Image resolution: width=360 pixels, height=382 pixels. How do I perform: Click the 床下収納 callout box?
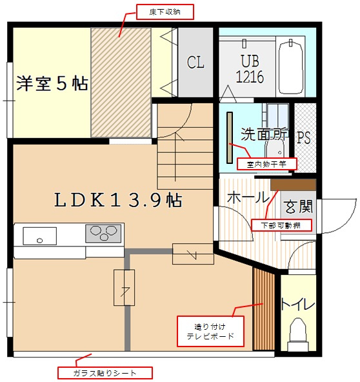165,12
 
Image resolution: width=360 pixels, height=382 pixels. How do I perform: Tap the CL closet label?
195,63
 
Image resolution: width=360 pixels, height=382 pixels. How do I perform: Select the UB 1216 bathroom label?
250,68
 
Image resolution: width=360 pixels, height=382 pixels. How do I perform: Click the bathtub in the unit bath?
290,68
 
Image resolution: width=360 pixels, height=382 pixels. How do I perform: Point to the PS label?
303,137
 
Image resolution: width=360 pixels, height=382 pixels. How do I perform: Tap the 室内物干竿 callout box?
266,164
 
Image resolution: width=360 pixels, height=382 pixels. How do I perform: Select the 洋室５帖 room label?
52,84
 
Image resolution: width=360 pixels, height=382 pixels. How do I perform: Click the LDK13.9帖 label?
118,200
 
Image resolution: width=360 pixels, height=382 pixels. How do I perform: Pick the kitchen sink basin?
40,236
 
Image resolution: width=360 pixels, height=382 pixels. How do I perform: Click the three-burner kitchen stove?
103,234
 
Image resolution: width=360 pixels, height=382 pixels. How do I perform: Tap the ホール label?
248,197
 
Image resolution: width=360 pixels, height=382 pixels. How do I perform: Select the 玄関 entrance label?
298,206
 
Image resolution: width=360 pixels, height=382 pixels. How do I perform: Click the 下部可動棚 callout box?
281,225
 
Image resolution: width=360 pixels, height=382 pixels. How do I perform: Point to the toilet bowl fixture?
298,334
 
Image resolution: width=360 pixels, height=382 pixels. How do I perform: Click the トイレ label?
298,304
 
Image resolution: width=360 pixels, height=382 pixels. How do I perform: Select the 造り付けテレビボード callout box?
210,331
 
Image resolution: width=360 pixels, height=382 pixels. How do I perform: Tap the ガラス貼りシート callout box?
105,373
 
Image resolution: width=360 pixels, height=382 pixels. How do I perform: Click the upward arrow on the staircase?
175,157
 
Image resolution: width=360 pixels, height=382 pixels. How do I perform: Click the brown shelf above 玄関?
294,185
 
